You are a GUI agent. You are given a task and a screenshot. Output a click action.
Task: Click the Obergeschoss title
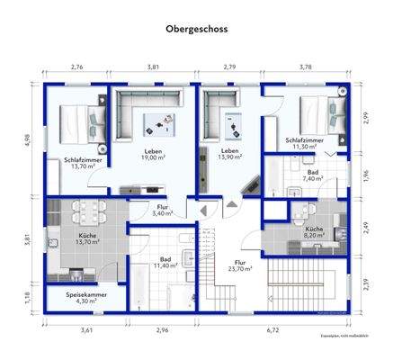click(x=196, y=29)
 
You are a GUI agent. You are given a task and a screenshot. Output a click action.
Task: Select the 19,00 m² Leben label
click(x=151, y=155)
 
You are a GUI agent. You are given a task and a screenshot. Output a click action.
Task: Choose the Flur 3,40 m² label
click(x=162, y=210)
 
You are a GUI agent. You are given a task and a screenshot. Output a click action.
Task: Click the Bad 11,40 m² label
click(x=165, y=263)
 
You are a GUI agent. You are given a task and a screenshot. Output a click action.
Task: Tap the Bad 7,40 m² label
click(x=312, y=175)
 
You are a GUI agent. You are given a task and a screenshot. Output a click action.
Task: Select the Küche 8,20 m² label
click(x=313, y=233)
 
